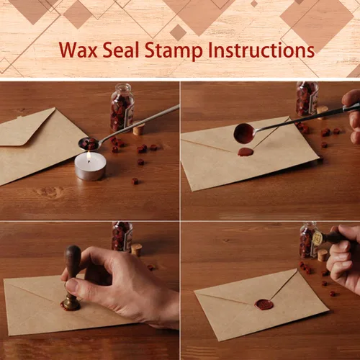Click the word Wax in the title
click(x=78, y=50)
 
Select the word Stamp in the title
click(x=174, y=51)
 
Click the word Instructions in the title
click(x=261, y=50)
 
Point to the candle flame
click(x=89, y=156)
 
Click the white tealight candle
click(x=90, y=166)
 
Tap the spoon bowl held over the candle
click(x=89, y=143)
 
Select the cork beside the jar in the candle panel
click(x=138, y=130)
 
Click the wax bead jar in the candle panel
click(x=122, y=107)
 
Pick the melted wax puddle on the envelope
click(x=246, y=152)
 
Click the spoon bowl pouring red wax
click(x=245, y=133)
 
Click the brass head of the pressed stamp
click(x=71, y=300)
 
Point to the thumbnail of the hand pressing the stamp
click(x=73, y=285)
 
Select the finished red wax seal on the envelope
click(x=264, y=305)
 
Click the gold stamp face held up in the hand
click(x=317, y=238)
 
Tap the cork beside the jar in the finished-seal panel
click(x=322, y=255)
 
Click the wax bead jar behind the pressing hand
click(x=122, y=237)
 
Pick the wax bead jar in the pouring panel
click(x=307, y=99)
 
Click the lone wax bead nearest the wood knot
click(x=135, y=181)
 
